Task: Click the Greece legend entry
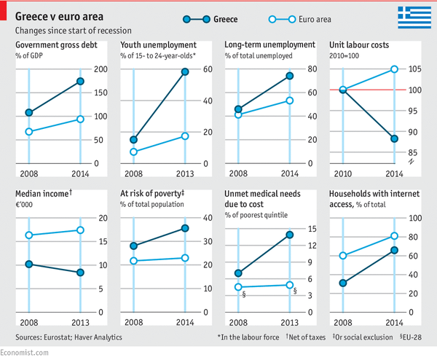pos(205,18)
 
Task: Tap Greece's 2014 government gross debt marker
pos(80,81)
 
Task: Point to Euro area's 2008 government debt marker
pos(29,132)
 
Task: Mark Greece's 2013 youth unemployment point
pos(185,71)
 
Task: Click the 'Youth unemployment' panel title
pos(158,45)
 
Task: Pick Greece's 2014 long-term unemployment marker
pos(289,76)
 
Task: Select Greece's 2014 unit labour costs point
pos(394,138)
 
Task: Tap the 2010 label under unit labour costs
pos(342,174)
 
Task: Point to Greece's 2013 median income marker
pos(80,273)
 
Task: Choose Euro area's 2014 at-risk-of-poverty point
pos(185,258)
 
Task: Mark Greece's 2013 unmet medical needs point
pos(289,235)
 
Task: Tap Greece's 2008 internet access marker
pos(342,283)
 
